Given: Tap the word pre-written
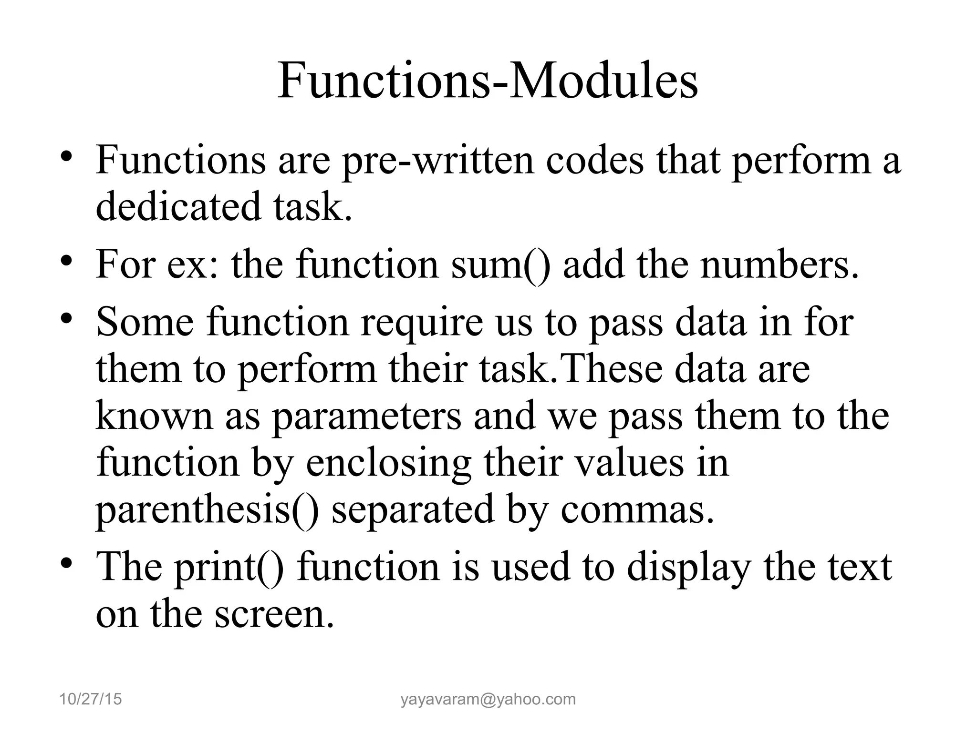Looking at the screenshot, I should [438, 161].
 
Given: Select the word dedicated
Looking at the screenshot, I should [179, 206].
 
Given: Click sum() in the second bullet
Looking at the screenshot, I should [500, 265].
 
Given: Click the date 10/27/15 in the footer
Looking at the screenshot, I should [91, 699].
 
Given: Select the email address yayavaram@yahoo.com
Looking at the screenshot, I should [488, 699].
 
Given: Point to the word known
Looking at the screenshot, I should [154, 416].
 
